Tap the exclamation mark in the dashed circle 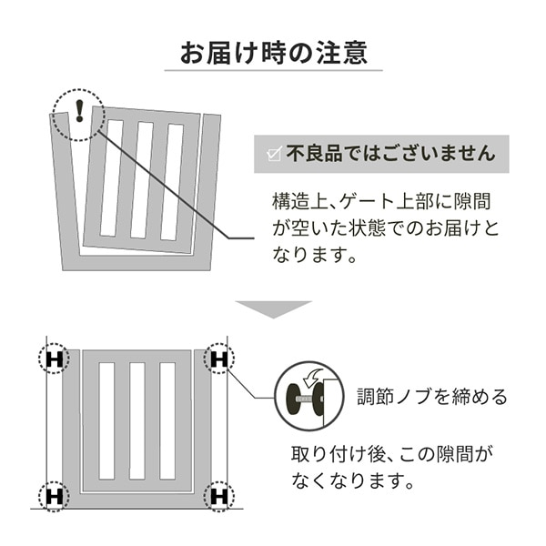pyautogui.click(x=79, y=111)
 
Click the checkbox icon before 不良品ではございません pyautogui.click(x=272, y=154)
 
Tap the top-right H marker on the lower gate pyautogui.click(x=218, y=359)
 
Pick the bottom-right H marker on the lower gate pyautogui.click(x=218, y=497)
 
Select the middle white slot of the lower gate pyautogui.click(x=136, y=420)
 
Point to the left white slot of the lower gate pyautogui.click(x=106, y=420)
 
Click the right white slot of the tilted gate pyautogui.click(x=173, y=180)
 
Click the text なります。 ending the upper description pyautogui.click(x=311, y=255)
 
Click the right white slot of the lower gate pyautogui.click(x=167, y=420)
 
